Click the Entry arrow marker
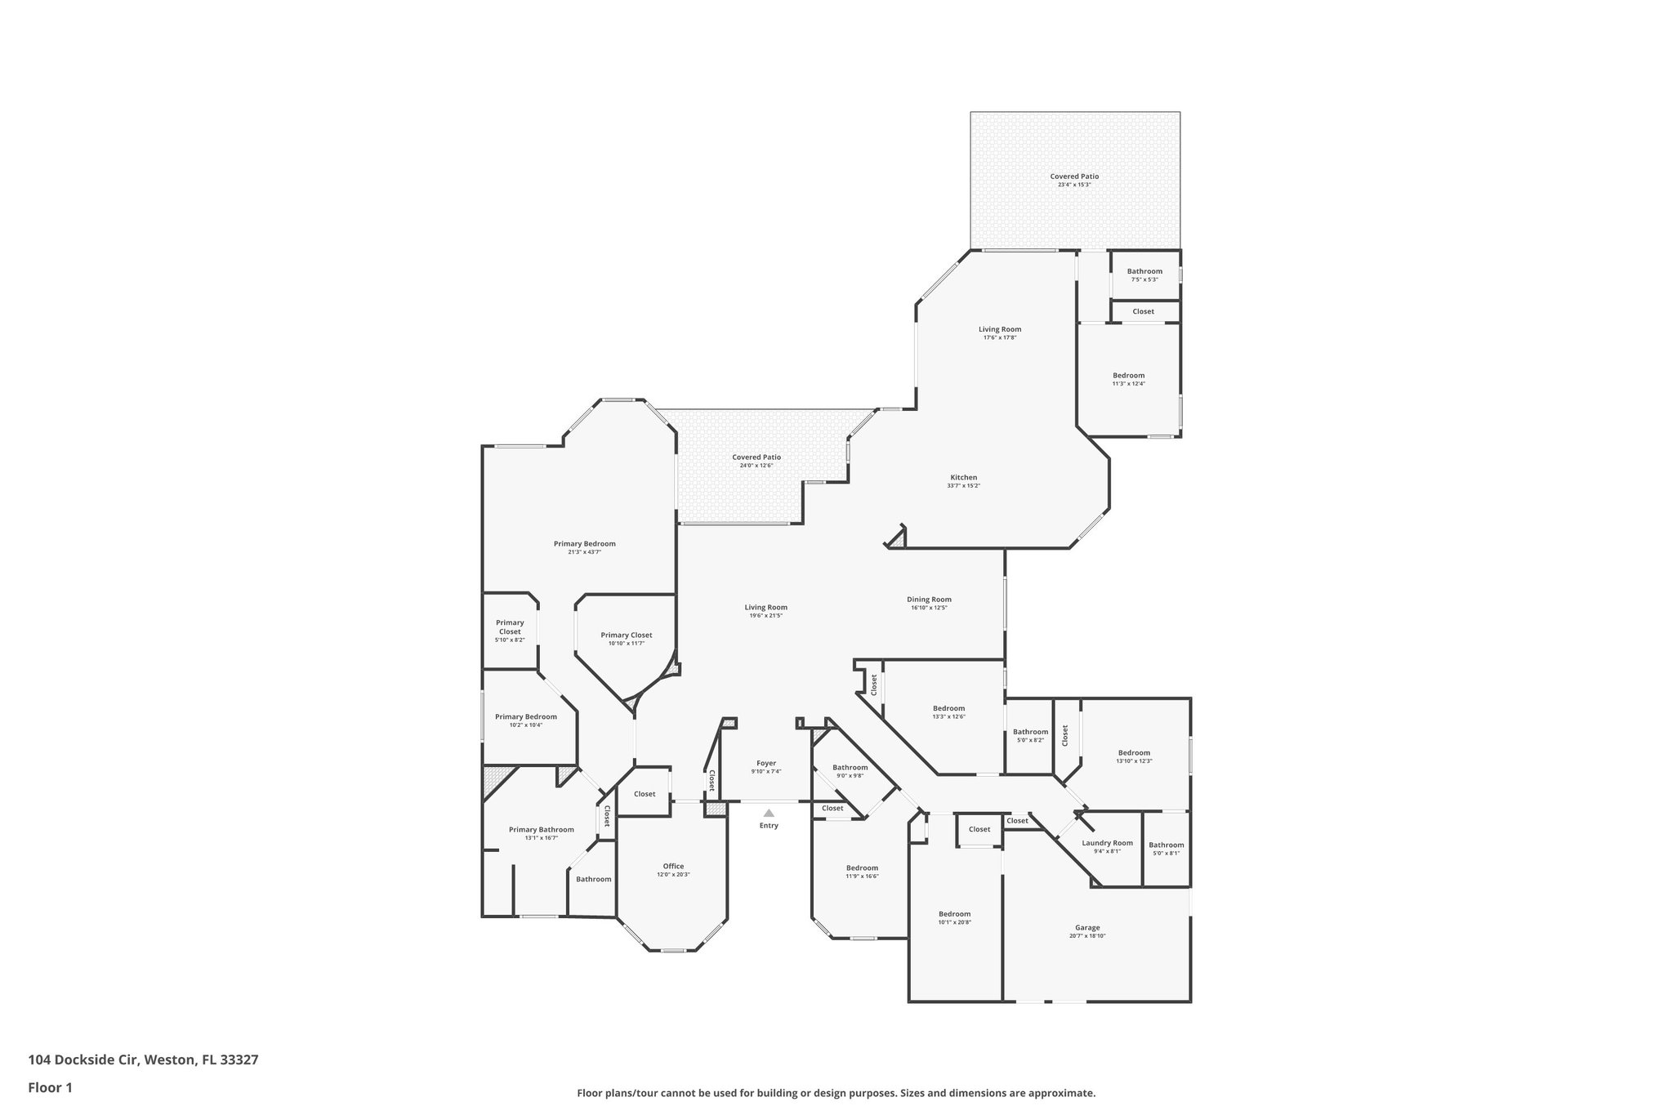pos(769,813)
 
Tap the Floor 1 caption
pos(51,1087)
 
